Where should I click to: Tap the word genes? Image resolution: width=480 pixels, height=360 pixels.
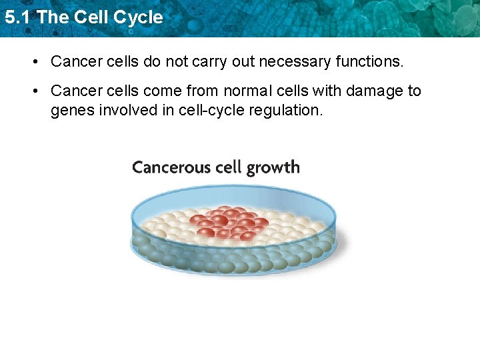pyautogui.click(x=71, y=110)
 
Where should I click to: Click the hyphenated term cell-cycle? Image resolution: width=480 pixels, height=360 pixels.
pyautogui.click(x=211, y=110)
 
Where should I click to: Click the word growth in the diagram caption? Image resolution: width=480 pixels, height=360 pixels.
pyautogui.click(x=273, y=168)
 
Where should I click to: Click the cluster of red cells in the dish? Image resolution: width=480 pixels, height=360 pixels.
pyautogui.click(x=230, y=223)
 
